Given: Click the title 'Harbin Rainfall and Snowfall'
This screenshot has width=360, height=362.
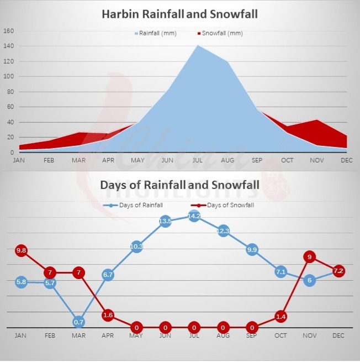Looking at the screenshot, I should coord(179,14).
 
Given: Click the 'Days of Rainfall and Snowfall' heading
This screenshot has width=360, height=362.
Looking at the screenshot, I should coord(179,185).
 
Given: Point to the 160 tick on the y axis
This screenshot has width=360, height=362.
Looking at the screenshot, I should coord(8,31).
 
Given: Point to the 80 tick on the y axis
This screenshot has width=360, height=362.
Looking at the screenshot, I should coord(8,92).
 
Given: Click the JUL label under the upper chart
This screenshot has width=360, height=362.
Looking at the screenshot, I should coord(197,160).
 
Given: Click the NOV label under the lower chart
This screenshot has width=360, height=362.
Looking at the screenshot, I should coord(309,335).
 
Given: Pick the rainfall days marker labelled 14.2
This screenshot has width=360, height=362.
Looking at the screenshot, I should coord(194,216).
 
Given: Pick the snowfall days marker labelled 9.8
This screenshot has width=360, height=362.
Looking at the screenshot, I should coord(22,250).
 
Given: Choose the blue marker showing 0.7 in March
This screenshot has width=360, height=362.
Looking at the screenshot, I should coord(79,322).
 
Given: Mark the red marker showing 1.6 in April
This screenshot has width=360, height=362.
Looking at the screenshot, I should coord(108,315).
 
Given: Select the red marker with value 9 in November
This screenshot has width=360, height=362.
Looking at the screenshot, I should coord(310,256).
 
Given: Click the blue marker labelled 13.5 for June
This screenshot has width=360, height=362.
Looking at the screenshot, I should coord(165,221).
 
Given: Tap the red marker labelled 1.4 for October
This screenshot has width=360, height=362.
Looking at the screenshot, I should coord(280,317).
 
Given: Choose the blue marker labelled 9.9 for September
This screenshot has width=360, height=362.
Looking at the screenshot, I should coord(252,249).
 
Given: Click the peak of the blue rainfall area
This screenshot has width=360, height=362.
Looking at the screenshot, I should coord(197,45).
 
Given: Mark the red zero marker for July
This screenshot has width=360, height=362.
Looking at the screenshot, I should coord(194,327).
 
